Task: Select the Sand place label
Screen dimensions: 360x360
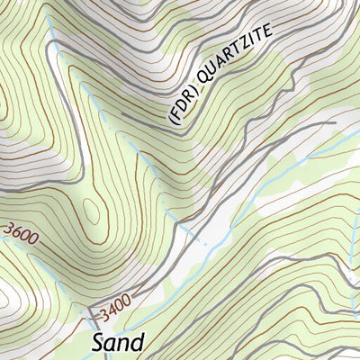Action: tap(118, 343)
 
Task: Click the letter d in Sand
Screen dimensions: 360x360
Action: tap(137, 342)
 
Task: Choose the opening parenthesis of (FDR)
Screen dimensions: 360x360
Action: tap(171, 118)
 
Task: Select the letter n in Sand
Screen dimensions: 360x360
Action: tap(124, 345)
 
